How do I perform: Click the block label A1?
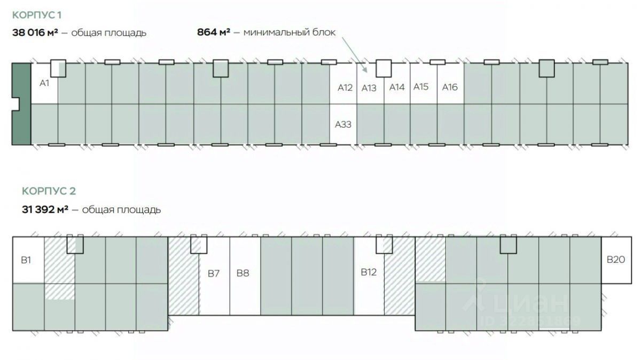coord(44,83)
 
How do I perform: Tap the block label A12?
coord(345,87)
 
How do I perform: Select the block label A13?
coord(369,88)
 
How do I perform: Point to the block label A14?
coord(397,87)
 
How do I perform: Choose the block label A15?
coord(421,87)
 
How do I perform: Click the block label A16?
coord(450,87)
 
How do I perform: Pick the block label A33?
coord(343,124)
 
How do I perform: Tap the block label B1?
coord(26,261)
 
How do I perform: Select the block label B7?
coord(214,273)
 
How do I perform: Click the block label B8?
coord(243,273)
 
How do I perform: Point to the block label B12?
coord(369,272)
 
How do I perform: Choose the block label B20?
coord(615,260)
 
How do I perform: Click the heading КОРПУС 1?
coord(40,14)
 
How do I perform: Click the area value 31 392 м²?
coord(45,209)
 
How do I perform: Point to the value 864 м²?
coord(214,32)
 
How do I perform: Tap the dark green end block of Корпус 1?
coord(21,104)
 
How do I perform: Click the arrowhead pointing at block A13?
coord(365,69)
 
